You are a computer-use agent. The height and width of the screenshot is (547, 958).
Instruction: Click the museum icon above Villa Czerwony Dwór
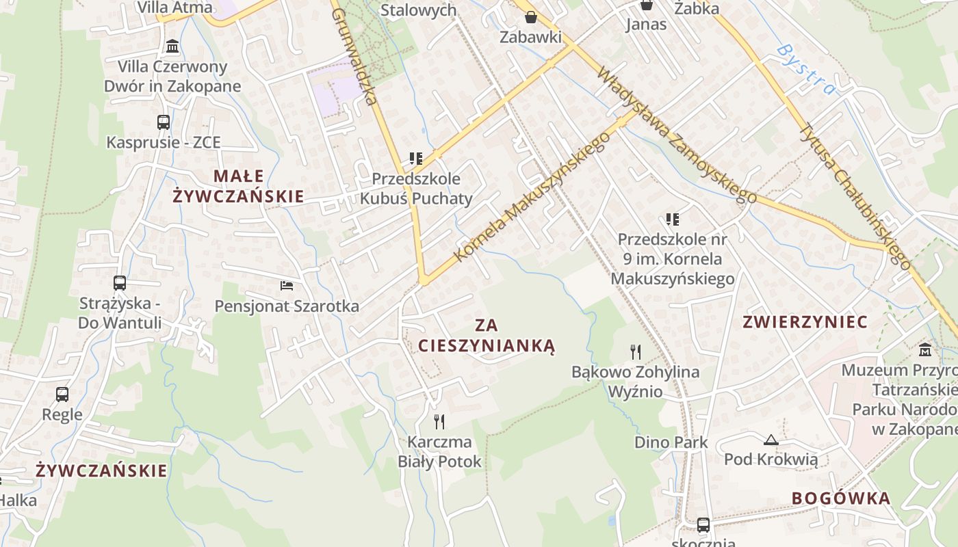(172, 46)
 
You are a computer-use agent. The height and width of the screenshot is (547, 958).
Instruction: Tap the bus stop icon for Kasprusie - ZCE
(164, 122)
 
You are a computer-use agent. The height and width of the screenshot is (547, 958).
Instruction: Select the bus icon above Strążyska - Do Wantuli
(120, 282)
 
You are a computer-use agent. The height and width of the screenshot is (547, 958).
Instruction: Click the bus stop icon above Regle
(62, 394)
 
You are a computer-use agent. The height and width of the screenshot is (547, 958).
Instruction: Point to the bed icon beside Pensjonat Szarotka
(287, 285)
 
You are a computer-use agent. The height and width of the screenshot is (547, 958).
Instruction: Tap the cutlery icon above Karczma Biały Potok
(439, 421)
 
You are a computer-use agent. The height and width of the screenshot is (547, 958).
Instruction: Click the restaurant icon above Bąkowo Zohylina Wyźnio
(636, 352)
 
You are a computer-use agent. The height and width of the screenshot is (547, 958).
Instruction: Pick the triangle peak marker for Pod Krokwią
(771, 440)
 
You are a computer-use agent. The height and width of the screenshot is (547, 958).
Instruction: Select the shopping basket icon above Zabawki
(531, 17)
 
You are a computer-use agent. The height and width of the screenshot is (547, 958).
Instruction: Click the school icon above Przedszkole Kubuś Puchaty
(415, 159)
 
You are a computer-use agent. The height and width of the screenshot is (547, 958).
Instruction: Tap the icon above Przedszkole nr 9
(673, 219)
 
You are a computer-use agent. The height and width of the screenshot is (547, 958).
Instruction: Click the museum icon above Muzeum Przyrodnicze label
(926, 349)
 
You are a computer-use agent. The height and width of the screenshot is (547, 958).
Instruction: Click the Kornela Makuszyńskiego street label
(532, 197)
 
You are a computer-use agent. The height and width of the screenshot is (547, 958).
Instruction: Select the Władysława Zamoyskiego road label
(677, 135)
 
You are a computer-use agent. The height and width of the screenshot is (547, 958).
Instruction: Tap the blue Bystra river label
(806, 69)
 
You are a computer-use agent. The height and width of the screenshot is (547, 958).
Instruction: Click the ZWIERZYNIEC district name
(805, 322)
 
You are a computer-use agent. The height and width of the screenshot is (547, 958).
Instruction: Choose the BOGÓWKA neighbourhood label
(841, 498)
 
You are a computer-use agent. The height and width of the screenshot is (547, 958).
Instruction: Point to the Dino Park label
(671, 442)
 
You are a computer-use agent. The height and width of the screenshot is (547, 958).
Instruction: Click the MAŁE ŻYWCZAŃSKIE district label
(237, 186)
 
